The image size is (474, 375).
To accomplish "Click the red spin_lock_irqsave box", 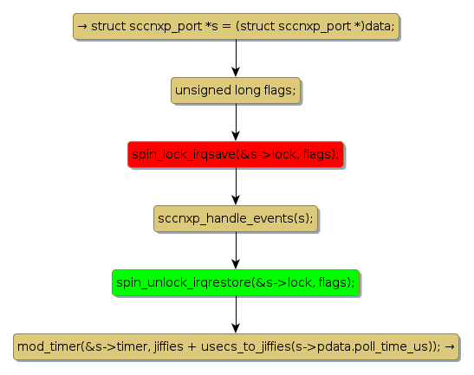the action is pos(236,154).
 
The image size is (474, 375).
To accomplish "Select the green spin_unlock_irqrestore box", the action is pos(236,282).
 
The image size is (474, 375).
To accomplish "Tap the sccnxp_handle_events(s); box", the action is pos(236,218).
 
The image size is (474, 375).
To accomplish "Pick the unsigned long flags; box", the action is pos(236,90).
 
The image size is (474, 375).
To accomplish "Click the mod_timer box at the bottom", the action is pos(236,346).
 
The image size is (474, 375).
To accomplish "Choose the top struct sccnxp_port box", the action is pos(236,26).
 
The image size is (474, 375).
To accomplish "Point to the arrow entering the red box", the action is pos(236,122).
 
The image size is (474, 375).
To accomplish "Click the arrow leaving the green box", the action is pos(236,314).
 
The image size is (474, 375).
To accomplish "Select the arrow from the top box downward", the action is pos(236,58).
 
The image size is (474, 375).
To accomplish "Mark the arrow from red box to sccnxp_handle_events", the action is pos(236,186).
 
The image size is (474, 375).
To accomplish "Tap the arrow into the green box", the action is pos(236,250).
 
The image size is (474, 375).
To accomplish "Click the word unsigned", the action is pos(203,91).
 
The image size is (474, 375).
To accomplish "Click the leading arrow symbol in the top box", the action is pos(82,26).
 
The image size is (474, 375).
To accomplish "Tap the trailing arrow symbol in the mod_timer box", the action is pos(450,346).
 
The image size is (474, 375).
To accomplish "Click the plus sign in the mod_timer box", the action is pos(192,347).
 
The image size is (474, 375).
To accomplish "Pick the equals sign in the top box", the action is pos(226,26).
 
